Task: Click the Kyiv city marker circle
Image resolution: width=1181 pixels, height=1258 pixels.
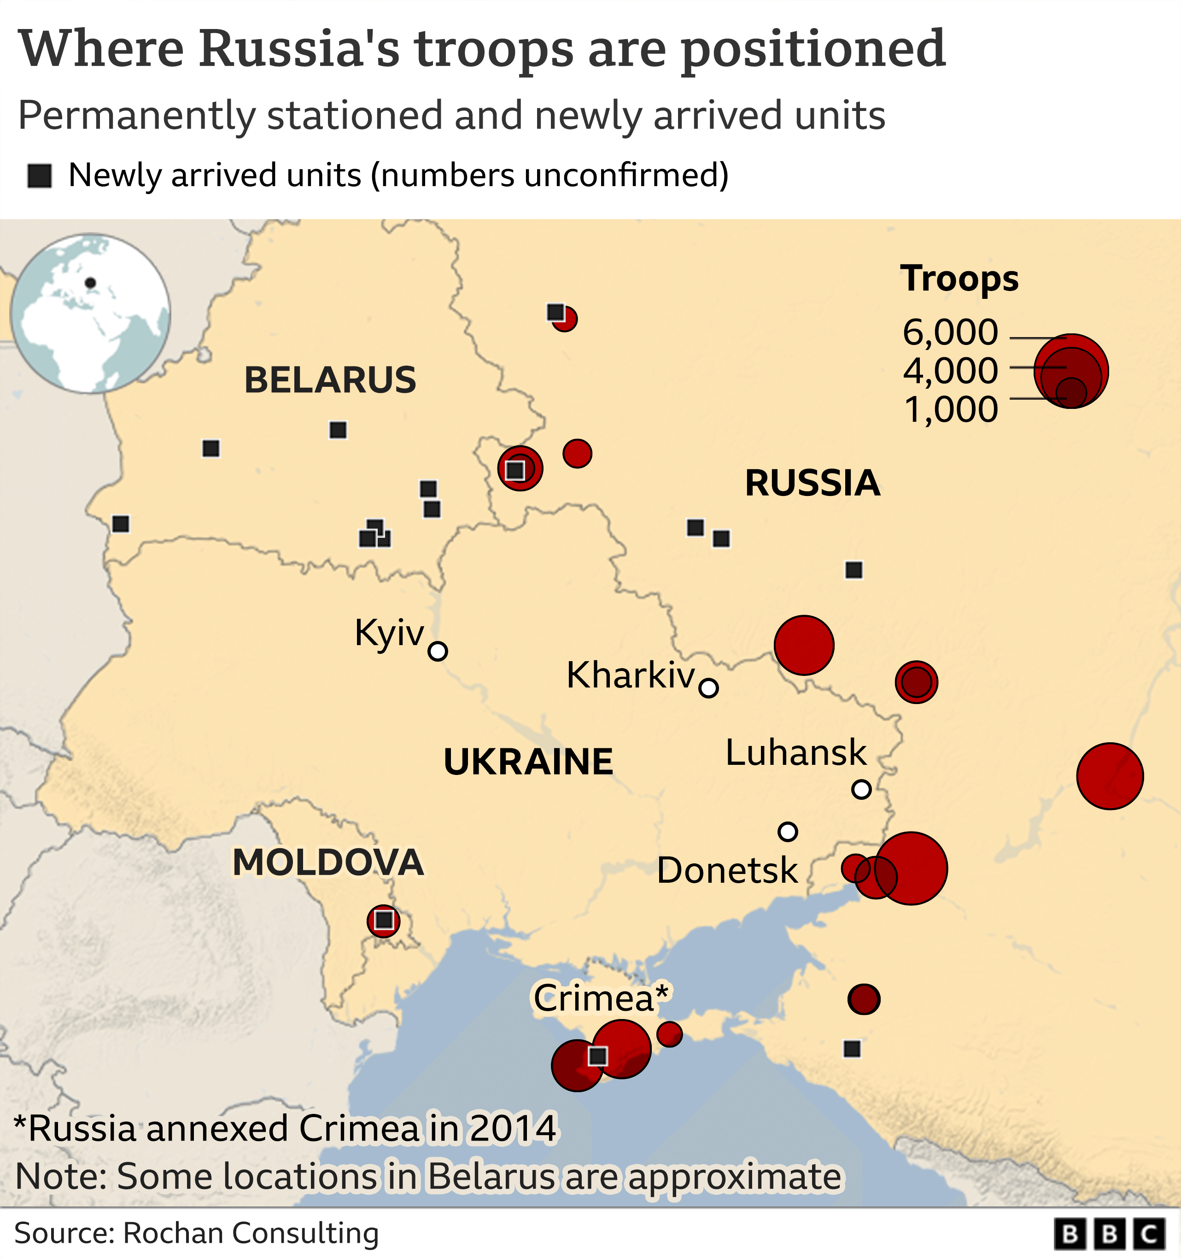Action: [437, 651]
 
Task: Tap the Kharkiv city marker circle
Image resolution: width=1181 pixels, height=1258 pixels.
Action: [708, 688]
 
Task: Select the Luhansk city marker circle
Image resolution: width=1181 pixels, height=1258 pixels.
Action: [861, 789]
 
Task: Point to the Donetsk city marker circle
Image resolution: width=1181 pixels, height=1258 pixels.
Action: [787, 832]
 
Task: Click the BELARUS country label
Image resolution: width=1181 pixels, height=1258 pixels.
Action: [330, 380]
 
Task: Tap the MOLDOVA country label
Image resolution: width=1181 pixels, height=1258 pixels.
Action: [328, 862]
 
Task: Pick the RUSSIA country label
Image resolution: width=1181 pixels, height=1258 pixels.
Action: [812, 483]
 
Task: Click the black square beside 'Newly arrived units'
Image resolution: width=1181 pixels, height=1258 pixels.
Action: [39, 176]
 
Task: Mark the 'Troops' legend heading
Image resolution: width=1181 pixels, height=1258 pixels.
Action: [959, 279]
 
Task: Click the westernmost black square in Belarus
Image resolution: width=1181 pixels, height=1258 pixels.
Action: [120, 524]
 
